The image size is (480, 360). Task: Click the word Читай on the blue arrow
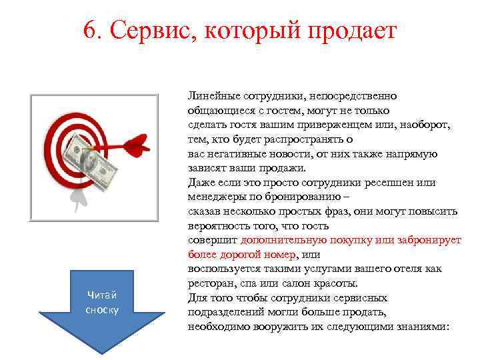click(101, 297)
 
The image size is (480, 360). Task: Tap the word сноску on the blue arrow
click(101, 310)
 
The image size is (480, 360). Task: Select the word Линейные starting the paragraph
click(213, 97)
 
